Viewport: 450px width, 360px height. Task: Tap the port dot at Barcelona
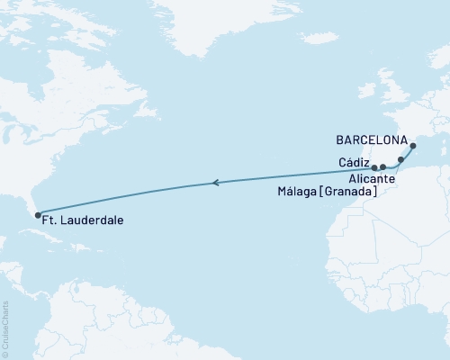pyautogui.click(x=413, y=146)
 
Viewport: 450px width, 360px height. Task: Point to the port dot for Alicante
pyautogui.click(x=400, y=159)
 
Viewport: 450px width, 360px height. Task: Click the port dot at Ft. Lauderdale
pyautogui.click(x=37, y=214)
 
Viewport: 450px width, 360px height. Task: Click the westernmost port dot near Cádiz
pyautogui.click(x=374, y=167)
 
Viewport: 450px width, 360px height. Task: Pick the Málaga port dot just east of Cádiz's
pyautogui.click(x=382, y=167)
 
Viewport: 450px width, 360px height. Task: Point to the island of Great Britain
pyautogui.click(x=386, y=90)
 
